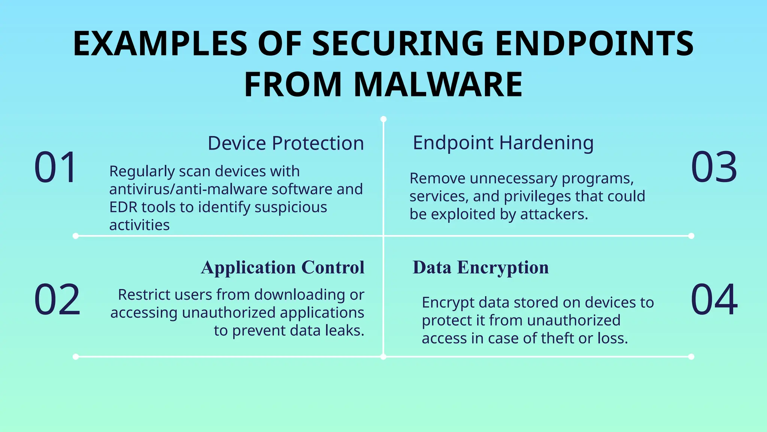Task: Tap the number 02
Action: coord(57,299)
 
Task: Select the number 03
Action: coord(714,167)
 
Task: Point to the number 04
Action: coord(714,299)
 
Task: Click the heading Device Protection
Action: coord(285,143)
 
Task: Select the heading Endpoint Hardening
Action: coord(503,143)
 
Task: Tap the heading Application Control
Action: coord(282,267)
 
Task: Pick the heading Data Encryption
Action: coord(480,267)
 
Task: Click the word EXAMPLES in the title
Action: coord(160,43)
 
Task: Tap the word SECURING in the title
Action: coord(398,43)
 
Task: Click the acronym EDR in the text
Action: coord(123,207)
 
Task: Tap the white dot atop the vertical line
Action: coord(383,119)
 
